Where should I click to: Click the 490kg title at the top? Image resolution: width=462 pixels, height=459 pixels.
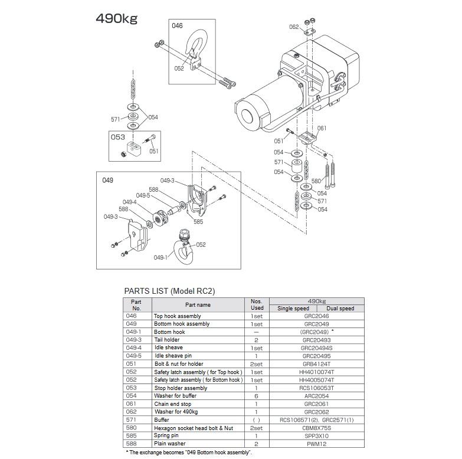pos(116,18)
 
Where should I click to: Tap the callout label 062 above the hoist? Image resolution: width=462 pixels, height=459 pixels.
pos(294,27)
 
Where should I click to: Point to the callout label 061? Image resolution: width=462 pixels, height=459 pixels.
pos(322,128)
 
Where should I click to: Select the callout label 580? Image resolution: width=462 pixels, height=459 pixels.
pos(316,181)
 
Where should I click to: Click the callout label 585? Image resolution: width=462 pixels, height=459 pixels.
pos(198,222)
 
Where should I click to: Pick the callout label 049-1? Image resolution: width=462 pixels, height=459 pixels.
pos(160,258)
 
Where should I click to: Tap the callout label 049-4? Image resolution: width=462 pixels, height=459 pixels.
pos(129,202)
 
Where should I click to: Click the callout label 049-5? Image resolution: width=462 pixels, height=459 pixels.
pos(143,195)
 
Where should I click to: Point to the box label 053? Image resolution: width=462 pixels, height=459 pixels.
pos(117,136)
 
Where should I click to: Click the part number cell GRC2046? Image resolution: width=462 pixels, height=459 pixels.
pos(316,316)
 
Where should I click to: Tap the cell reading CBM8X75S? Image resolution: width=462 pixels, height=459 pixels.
pos(316,428)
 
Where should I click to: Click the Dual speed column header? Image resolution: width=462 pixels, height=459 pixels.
pos(340,309)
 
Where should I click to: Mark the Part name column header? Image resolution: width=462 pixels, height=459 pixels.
pos(197,305)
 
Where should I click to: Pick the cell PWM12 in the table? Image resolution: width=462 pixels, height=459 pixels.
pos(316,444)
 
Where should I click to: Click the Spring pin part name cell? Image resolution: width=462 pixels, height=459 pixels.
pos(169,435)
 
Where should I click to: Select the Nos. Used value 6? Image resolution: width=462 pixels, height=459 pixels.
pos(257,396)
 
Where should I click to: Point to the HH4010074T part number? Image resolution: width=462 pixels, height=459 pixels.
pos(316,372)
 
